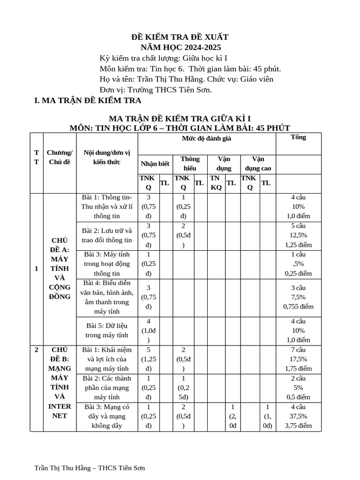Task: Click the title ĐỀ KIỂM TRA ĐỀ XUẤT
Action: click(x=180, y=37)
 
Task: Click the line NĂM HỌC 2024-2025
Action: click(x=181, y=47)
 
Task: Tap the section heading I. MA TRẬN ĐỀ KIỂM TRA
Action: click(x=88, y=100)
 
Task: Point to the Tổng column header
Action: click(x=299, y=137)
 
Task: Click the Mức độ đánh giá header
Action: click(x=206, y=138)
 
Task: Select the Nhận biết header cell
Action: click(x=155, y=164)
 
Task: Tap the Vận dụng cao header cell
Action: click(x=258, y=164)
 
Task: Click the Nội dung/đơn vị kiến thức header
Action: click(x=107, y=157)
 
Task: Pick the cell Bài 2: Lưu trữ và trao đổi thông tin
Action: click(x=107, y=235)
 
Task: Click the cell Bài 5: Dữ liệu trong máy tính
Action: click(x=107, y=330)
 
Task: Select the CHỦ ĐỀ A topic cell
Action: click(x=60, y=269)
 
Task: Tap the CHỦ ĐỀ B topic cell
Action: click(x=60, y=382)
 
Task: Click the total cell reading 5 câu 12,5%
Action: click(x=299, y=235)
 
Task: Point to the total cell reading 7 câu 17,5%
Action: click(x=299, y=359)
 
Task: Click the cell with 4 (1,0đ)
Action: click(x=149, y=330)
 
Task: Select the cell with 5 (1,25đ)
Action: click(x=149, y=359)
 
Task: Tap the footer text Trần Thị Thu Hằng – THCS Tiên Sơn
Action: click(x=90, y=468)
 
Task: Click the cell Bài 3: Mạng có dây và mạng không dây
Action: click(x=107, y=416)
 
